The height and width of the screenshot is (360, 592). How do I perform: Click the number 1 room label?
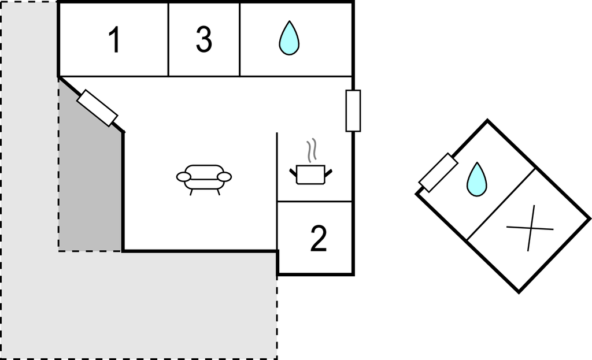tap(114, 40)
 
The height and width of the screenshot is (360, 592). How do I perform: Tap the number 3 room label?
tap(203, 39)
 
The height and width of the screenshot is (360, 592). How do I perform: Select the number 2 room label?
tap(319, 239)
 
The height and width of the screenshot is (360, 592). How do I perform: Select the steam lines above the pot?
tap(312, 150)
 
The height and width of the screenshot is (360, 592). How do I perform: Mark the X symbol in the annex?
tap(530, 228)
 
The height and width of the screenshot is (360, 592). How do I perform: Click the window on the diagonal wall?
tap(98, 108)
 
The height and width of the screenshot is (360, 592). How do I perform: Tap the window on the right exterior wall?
tap(353, 110)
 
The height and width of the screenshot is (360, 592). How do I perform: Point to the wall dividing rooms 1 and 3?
tap(168, 39)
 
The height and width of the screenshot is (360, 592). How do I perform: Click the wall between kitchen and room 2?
tap(315, 202)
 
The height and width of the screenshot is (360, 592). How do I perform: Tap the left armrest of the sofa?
tap(183, 176)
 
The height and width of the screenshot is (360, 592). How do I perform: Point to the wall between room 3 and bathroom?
tap(240, 39)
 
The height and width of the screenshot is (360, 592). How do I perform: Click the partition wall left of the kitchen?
tap(277, 168)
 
